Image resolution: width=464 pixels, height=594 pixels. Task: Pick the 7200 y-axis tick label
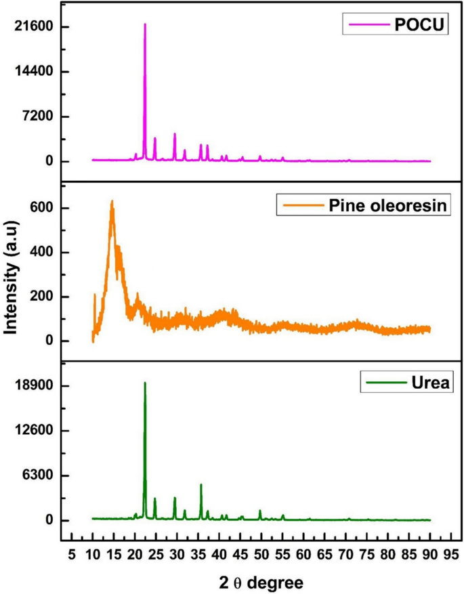pos(43,116)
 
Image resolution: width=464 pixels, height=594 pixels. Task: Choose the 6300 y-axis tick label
pos(43,475)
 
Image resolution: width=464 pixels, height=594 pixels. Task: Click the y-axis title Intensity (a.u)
pos(11,273)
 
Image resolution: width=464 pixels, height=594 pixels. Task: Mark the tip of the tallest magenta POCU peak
pos(145,24)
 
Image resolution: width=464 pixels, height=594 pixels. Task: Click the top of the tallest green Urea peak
pos(145,383)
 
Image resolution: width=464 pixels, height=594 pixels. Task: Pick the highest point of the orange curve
pos(112,201)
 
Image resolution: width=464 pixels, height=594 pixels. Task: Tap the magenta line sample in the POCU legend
pos(366,27)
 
